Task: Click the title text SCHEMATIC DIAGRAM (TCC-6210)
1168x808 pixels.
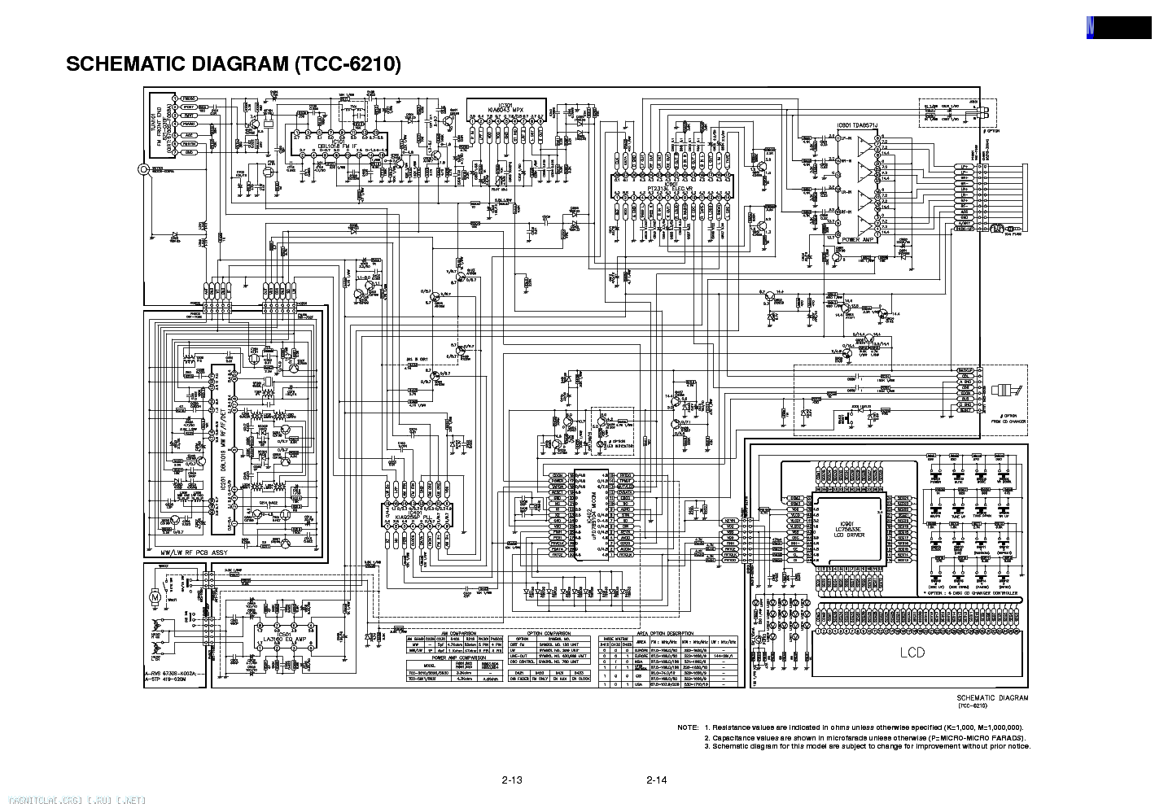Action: pos(234,64)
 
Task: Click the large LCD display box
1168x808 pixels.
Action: pos(912,653)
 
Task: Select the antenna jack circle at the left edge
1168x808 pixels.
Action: pos(144,169)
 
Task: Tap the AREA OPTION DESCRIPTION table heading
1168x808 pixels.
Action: pos(666,632)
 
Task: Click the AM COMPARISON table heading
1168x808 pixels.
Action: pos(454,632)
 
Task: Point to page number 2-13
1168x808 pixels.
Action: pos(511,781)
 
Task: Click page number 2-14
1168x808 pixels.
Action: pos(656,781)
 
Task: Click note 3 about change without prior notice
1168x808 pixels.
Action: pos(868,746)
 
